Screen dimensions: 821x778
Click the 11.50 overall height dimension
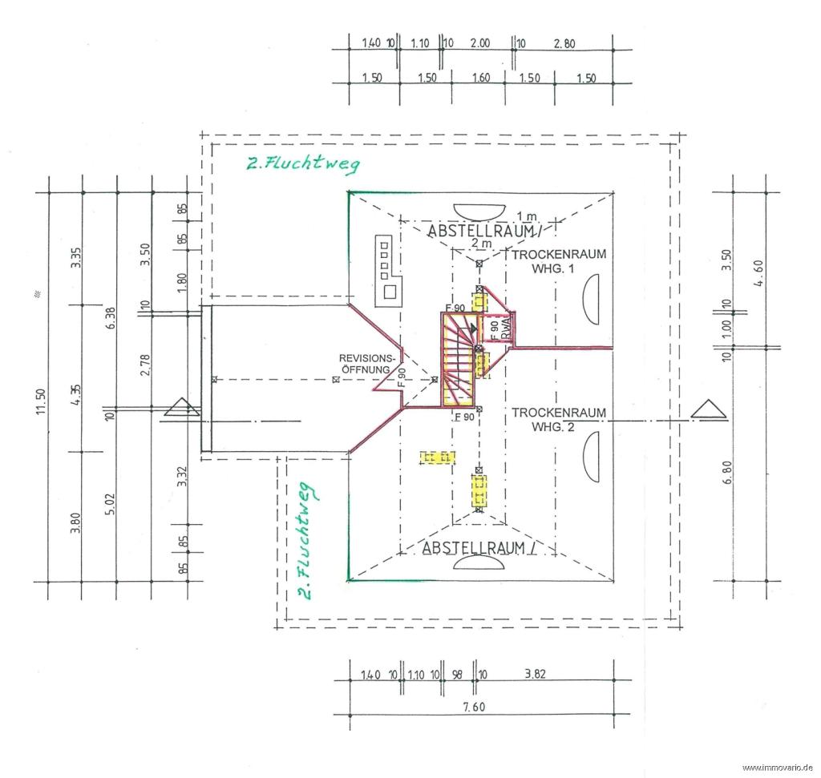pyautogui.click(x=42, y=401)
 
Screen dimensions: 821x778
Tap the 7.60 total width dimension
pyautogui.click(x=474, y=707)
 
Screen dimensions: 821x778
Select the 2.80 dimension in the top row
pyautogui.click(x=564, y=44)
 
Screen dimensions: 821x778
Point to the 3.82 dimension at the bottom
pyautogui.click(x=535, y=673)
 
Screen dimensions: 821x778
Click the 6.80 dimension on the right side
pyautogui.click(x=726, y=473)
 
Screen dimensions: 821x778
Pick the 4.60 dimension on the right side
pyautogui.click(x=759, y=273)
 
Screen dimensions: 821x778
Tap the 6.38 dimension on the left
pyautogui.click(x=111, y=318)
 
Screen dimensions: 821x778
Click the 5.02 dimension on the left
pyautogui.click(x=110, y=503)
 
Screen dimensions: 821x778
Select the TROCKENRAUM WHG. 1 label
pyautogui.click(x=559, y=261)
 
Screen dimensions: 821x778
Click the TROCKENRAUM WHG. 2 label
pyautogui.click(x=558, y=420)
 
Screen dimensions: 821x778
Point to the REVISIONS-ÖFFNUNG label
pyautogui.click(x=366, y=364)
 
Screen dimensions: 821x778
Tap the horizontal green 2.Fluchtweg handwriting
pyautogui.click(x=303, y=163)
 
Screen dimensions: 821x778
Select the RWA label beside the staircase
pyautogui.click(x=506, y=329)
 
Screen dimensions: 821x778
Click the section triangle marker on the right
pyautogui.click(x=709, y=409)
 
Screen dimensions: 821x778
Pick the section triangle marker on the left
pyautogui.click(x=182, y=406)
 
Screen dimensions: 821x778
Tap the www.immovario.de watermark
pyautogui.click(x=777, y=768)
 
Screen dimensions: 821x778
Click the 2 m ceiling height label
pyautogui.click(x=481, y=244)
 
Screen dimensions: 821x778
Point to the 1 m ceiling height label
pyautogui.click(x=527, y=216)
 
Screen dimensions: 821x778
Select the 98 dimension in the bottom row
pyautogui.click(x=457, y=675)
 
